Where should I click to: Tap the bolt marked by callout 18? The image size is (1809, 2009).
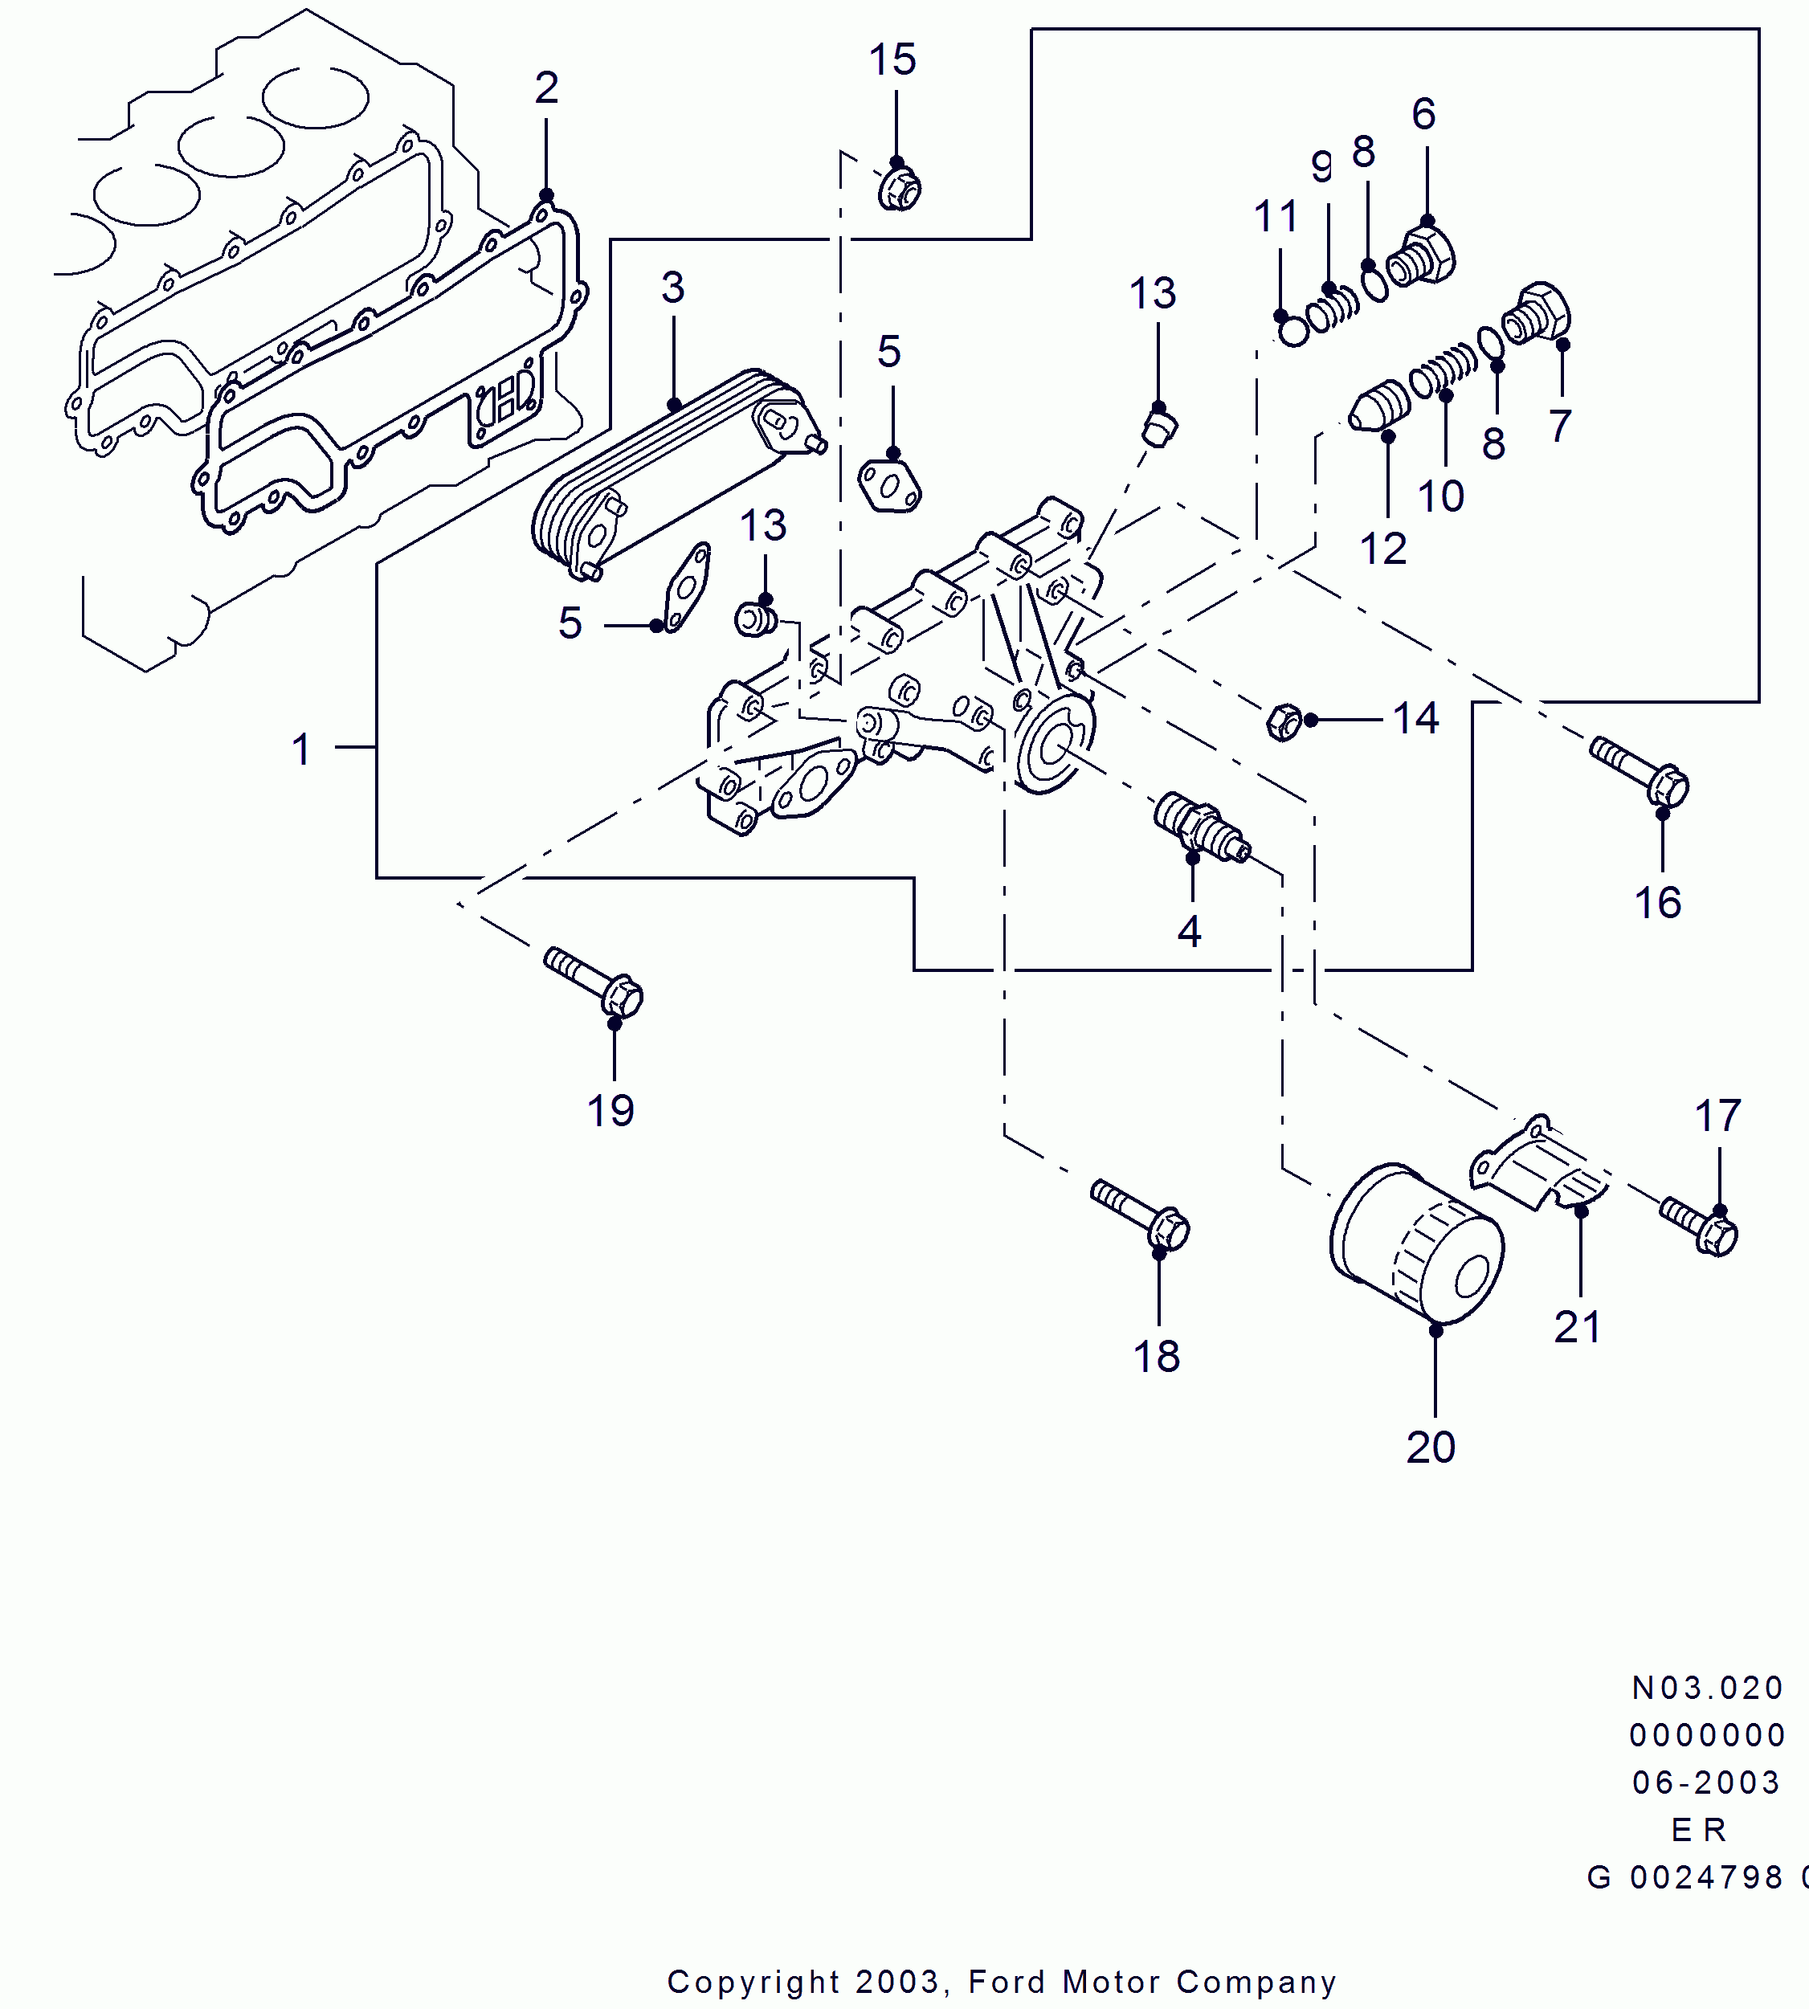pos(1140,1213)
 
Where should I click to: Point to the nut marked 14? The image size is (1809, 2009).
pos(1284,721)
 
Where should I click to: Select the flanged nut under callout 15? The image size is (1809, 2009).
pos(900,189)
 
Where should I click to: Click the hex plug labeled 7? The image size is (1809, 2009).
pos(1537,312)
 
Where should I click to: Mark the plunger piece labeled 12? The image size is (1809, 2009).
pos(1379,407)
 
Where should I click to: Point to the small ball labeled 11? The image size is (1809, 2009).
pos(1293,331)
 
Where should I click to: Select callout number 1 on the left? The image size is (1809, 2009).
pos(301,749)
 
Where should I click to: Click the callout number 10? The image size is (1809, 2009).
pos(1440,496)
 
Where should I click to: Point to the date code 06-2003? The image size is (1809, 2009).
pos(1705,1782)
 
